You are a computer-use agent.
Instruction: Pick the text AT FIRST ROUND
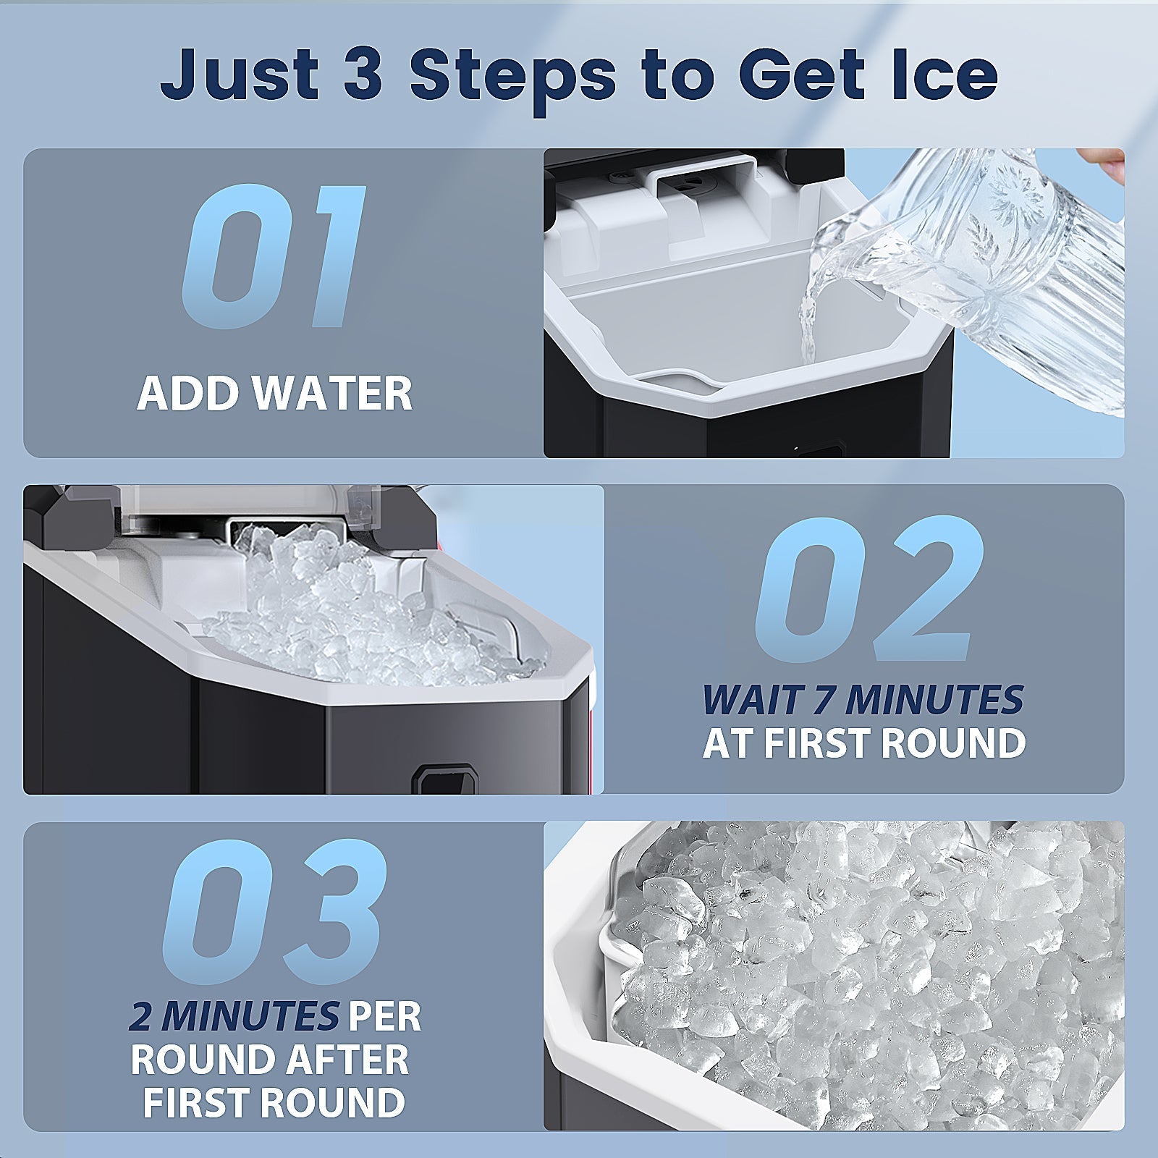click(x=864, y=743)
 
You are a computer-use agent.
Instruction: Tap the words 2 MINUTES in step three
click(x=234, y=1018)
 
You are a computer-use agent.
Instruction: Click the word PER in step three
click(x=384, y=1018)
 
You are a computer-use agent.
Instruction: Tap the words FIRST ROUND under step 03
click(x=274, y=1102)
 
